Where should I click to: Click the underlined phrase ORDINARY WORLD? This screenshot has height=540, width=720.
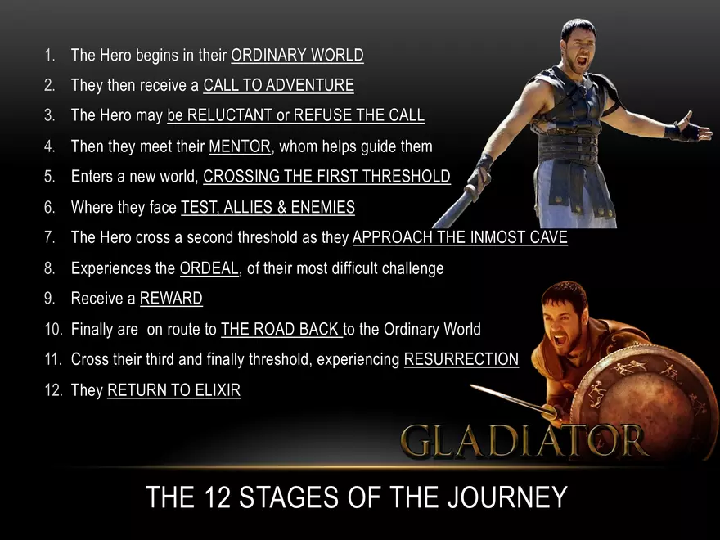(x=297, y=56)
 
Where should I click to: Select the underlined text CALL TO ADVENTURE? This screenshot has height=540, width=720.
(x=278, y=85)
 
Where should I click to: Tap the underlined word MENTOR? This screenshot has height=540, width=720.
(x=239, y=147)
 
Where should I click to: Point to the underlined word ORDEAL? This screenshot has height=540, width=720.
(x=209, y=268)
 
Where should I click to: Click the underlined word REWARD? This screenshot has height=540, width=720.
(x=171, y=299)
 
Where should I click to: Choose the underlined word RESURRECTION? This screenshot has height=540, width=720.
(x=461, y=359)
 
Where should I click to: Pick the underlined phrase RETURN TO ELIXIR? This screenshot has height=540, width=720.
(x=173, y=390)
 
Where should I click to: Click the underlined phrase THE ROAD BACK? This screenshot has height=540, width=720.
(x=281, y=330)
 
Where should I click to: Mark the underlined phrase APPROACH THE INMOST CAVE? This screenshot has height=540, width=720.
(x=460, y=238)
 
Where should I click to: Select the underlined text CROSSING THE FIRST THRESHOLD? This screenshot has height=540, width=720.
(x=326, y=177)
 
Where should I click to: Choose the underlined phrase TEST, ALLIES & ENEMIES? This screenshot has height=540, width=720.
(x=268, y=208)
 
